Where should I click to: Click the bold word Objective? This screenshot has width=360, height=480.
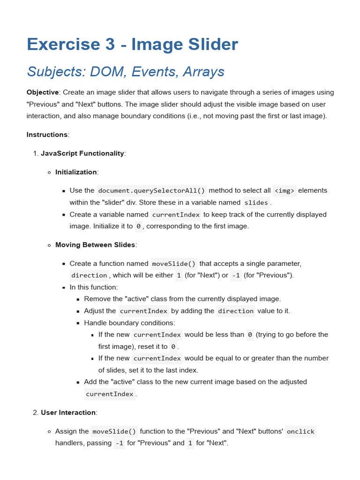[x=43, y=92]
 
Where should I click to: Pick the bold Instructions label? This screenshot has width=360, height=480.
[x=47, y=135]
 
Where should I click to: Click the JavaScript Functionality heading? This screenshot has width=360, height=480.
[x=82, y=153]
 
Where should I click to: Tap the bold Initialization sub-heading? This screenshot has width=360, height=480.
[x=76, y=172]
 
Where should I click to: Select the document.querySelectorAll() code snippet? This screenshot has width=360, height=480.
[x=151, y=190]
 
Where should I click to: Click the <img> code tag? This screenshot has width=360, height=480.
[x=285, y=190]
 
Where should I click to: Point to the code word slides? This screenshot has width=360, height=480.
[x=256, y=202]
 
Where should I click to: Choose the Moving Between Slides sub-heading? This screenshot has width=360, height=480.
[x=95, y=245]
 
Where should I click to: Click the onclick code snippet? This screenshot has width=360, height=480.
[x=300, y=431]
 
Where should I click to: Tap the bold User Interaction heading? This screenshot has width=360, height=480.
[x=68, y=412]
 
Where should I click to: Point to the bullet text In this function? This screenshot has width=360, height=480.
[x=94, y=287]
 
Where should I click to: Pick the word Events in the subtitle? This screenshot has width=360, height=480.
[x=153, y=72]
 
